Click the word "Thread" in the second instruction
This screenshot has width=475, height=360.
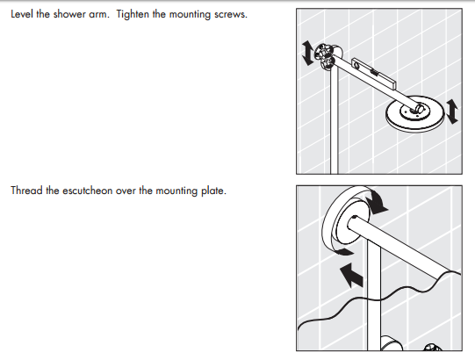pos(25,191)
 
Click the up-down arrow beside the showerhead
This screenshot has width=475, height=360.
pos(451,112)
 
